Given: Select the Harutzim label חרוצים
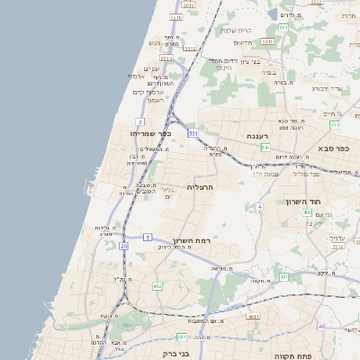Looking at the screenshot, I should point(243,42).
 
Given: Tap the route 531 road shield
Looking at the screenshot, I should point(193,132).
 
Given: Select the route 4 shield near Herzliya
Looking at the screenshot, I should point(259,206).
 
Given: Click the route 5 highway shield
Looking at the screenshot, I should point(147,237).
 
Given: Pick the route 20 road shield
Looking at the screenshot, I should point(123,245).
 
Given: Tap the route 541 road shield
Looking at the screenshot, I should point(283,28).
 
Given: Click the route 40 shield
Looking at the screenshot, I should point(321,328).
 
